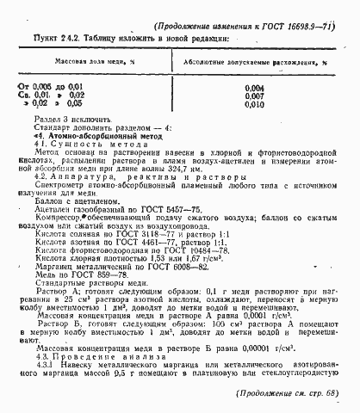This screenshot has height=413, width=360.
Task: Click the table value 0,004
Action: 255,87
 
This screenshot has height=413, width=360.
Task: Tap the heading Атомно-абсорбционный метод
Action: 90,137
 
